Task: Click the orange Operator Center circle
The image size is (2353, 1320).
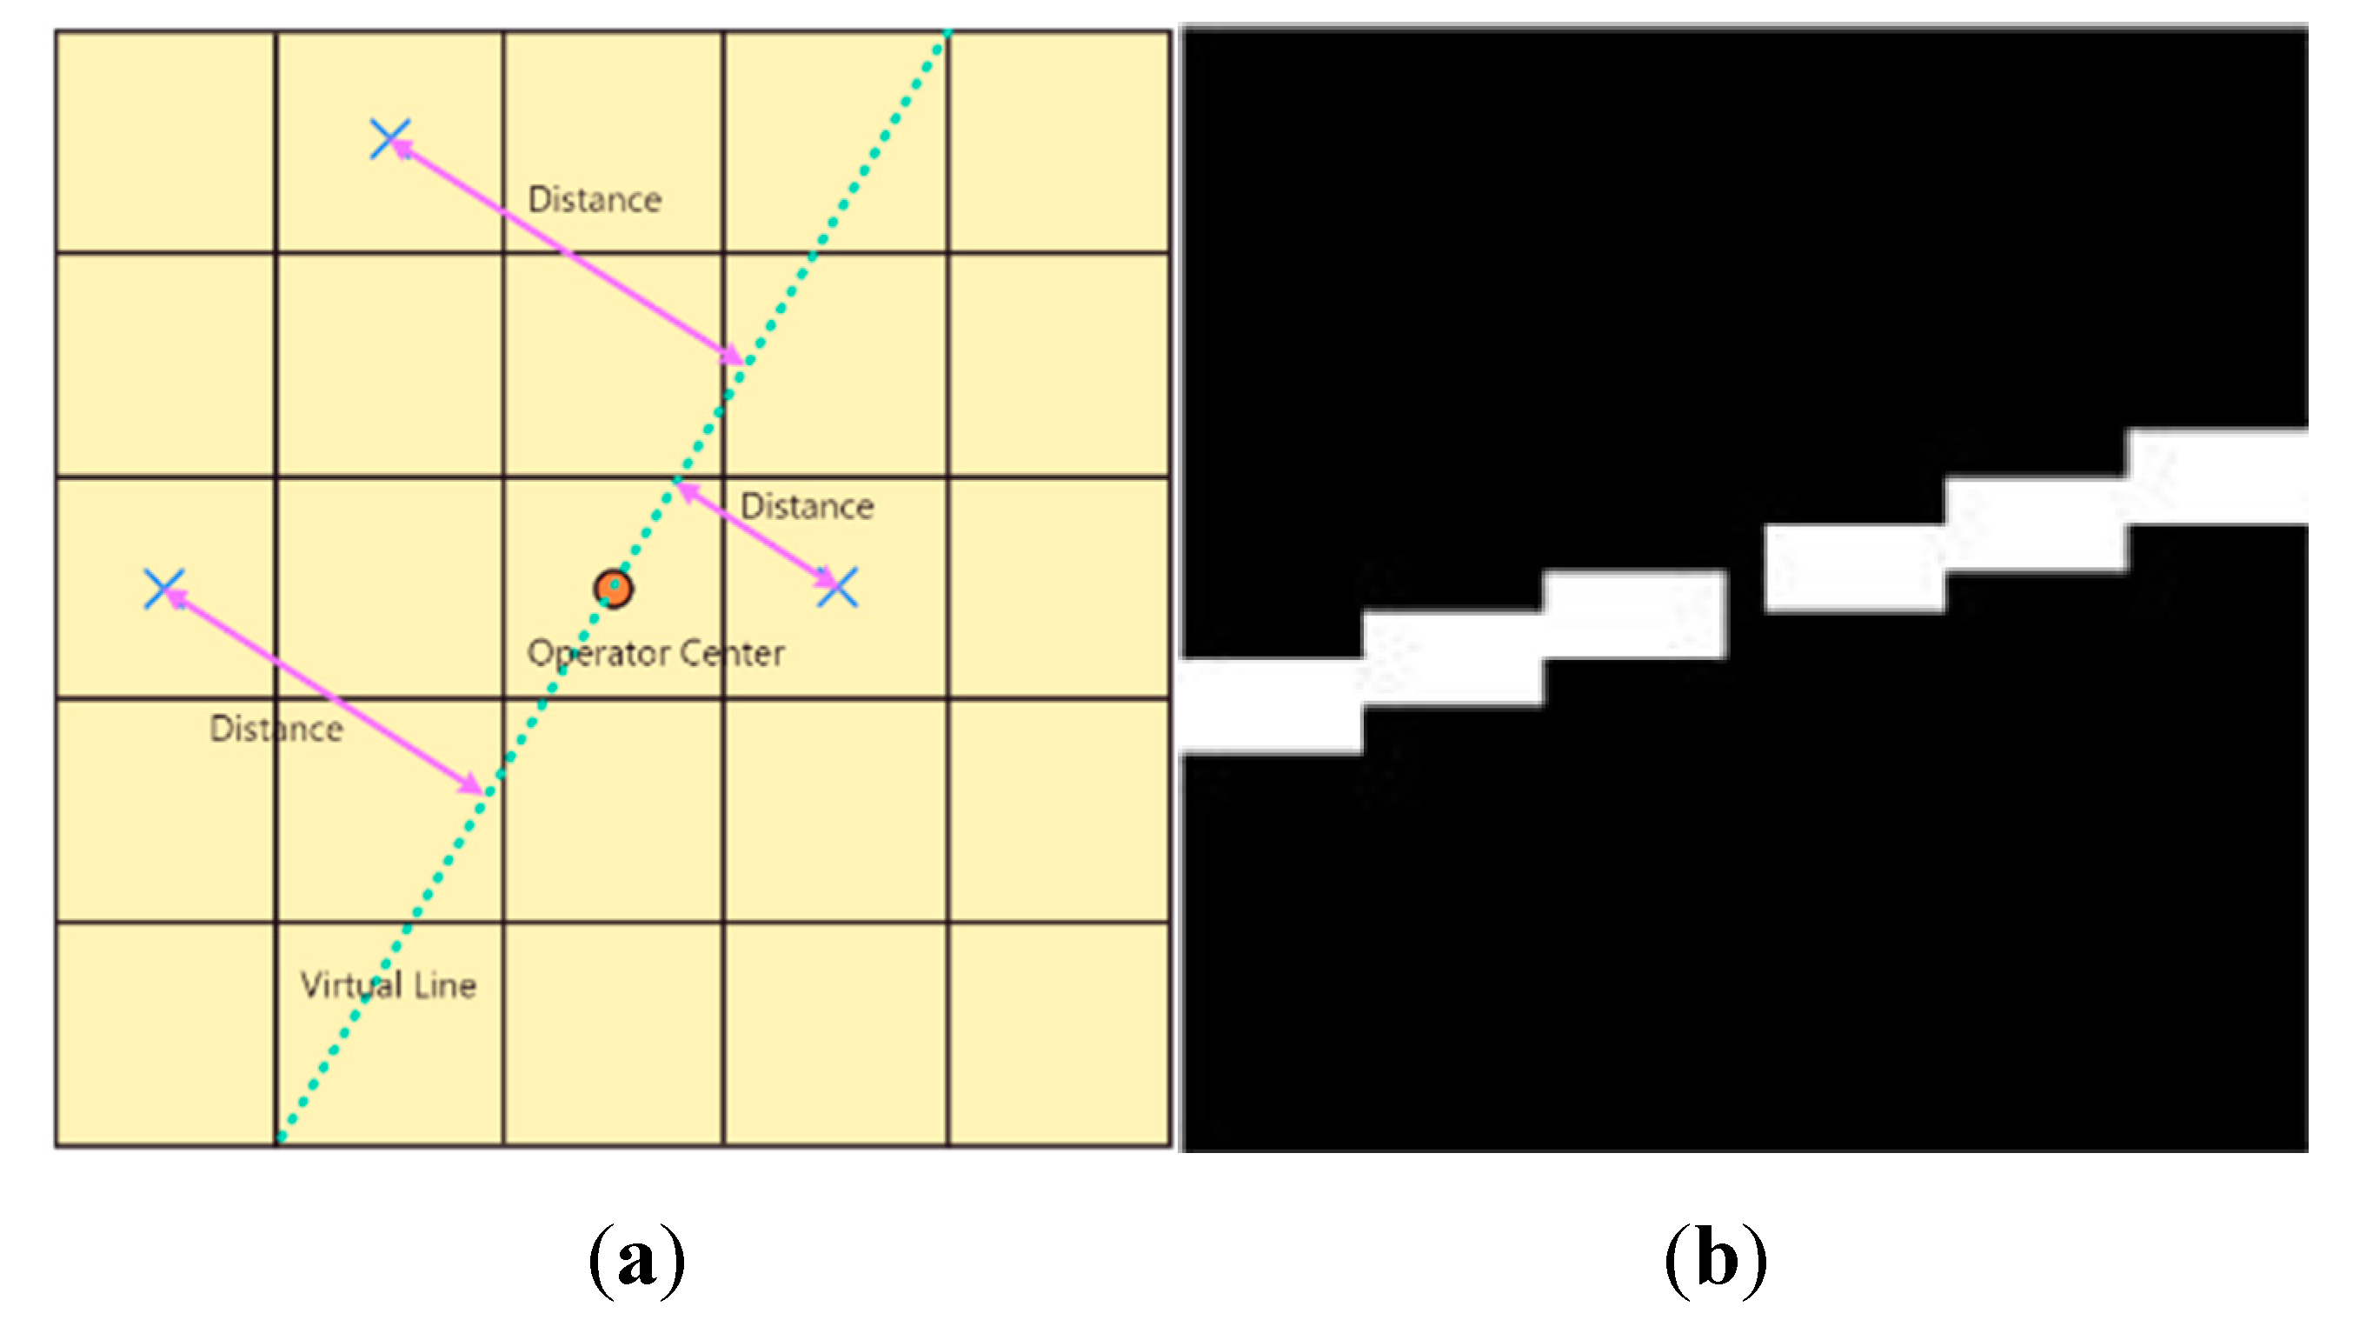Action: tap(613, 589)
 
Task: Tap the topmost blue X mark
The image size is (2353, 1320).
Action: tap(390, 139)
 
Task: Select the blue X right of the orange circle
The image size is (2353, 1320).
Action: tap(837, 586)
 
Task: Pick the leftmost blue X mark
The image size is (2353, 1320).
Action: tap(164, 589)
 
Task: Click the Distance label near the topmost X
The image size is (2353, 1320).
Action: tap(595, 200)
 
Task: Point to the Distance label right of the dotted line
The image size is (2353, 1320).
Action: tap(807, 506)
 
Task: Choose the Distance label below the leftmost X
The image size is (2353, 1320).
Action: tap(276, 729)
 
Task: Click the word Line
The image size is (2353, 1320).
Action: tap(445, 984)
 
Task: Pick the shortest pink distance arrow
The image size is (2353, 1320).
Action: tap(754, 535)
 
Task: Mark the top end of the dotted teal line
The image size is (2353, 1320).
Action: tap(947, 34)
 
